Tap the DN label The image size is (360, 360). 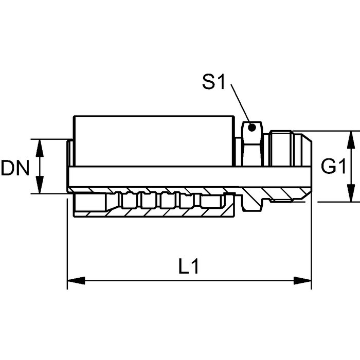[x=14, y=169]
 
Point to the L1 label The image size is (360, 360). [x=190, y=267]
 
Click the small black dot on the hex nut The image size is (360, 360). [x=251, y=127]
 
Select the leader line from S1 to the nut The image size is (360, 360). [x=240, y=105]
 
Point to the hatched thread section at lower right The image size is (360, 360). [x=280, y=195]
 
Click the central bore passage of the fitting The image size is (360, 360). [x=190, y=175]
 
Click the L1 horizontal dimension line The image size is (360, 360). [x=190, y=281]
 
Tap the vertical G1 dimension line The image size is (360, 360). [x=351, y=166]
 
